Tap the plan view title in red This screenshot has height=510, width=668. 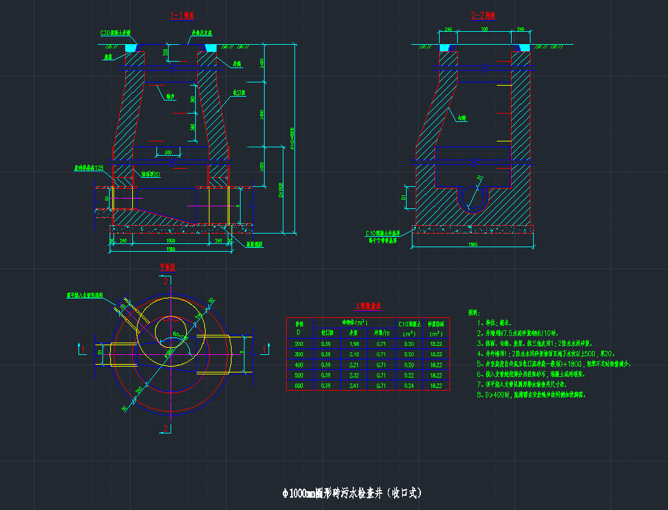pos(168,266)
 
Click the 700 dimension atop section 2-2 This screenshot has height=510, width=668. pos(484,29)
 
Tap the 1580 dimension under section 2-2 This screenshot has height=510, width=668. pos(473,244)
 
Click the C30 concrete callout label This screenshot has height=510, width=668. pos(115,32)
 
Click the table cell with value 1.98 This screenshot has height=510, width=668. pos(354,343)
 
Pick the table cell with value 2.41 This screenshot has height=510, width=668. pos(354,385)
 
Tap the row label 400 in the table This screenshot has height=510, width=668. pos(299,365)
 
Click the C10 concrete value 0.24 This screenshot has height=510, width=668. pos(409,385)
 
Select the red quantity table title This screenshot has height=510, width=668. pos(368,306)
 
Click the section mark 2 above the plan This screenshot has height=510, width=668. pos(166,281)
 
